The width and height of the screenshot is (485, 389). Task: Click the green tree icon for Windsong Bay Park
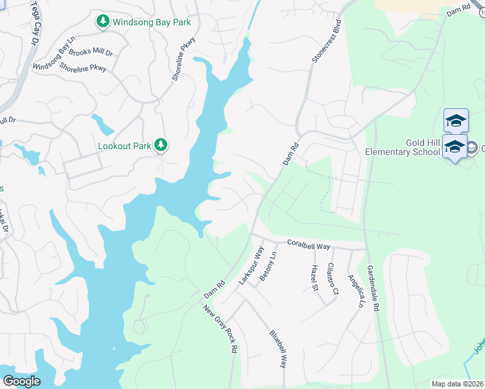(102, 22)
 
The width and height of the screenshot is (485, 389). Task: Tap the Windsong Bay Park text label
(152, 22)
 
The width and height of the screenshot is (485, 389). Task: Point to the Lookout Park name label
(124, 147)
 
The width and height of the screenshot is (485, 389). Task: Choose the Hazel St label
(315, 277)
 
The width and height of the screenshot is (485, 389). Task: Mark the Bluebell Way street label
(278, 349)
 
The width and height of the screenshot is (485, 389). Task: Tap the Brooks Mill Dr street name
(91, 52)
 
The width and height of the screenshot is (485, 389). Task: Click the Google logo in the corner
(21, 381)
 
